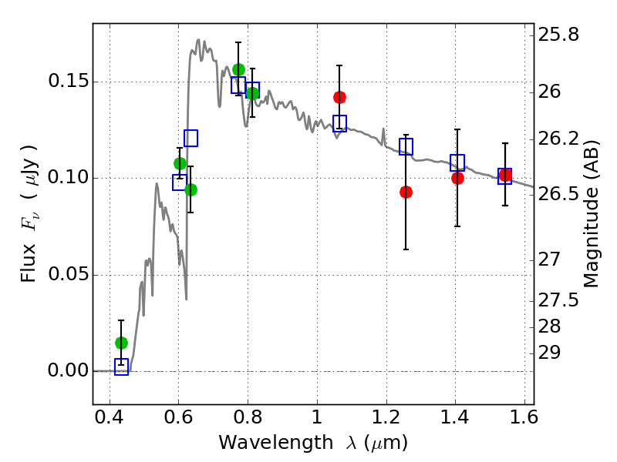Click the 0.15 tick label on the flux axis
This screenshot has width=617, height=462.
click(69, 82)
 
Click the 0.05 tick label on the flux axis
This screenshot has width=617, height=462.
click(69, 275)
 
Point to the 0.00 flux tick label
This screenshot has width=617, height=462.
click(69, 371)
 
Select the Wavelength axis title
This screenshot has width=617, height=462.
click(312, 443)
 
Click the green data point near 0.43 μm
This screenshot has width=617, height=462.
click(121, 343)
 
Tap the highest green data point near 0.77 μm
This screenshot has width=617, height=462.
click(238, 70)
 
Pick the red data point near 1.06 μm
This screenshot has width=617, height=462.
click(339, 97)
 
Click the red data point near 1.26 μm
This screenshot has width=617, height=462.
click(406, 192)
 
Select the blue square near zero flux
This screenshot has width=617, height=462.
click(121, 367)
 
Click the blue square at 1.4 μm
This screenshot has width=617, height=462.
click(457, 162)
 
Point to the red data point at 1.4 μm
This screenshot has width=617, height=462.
click(457, 178)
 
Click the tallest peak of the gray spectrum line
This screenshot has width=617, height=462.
click(198, 40)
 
